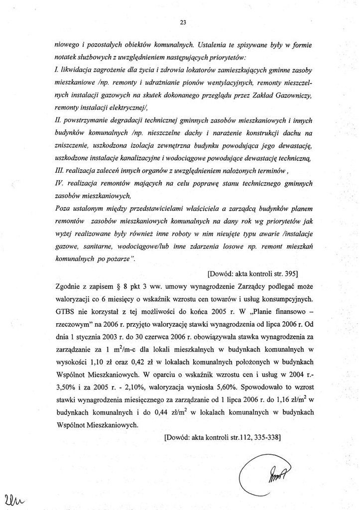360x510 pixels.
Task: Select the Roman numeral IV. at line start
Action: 59,184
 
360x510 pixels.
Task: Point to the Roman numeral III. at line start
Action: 60,171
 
